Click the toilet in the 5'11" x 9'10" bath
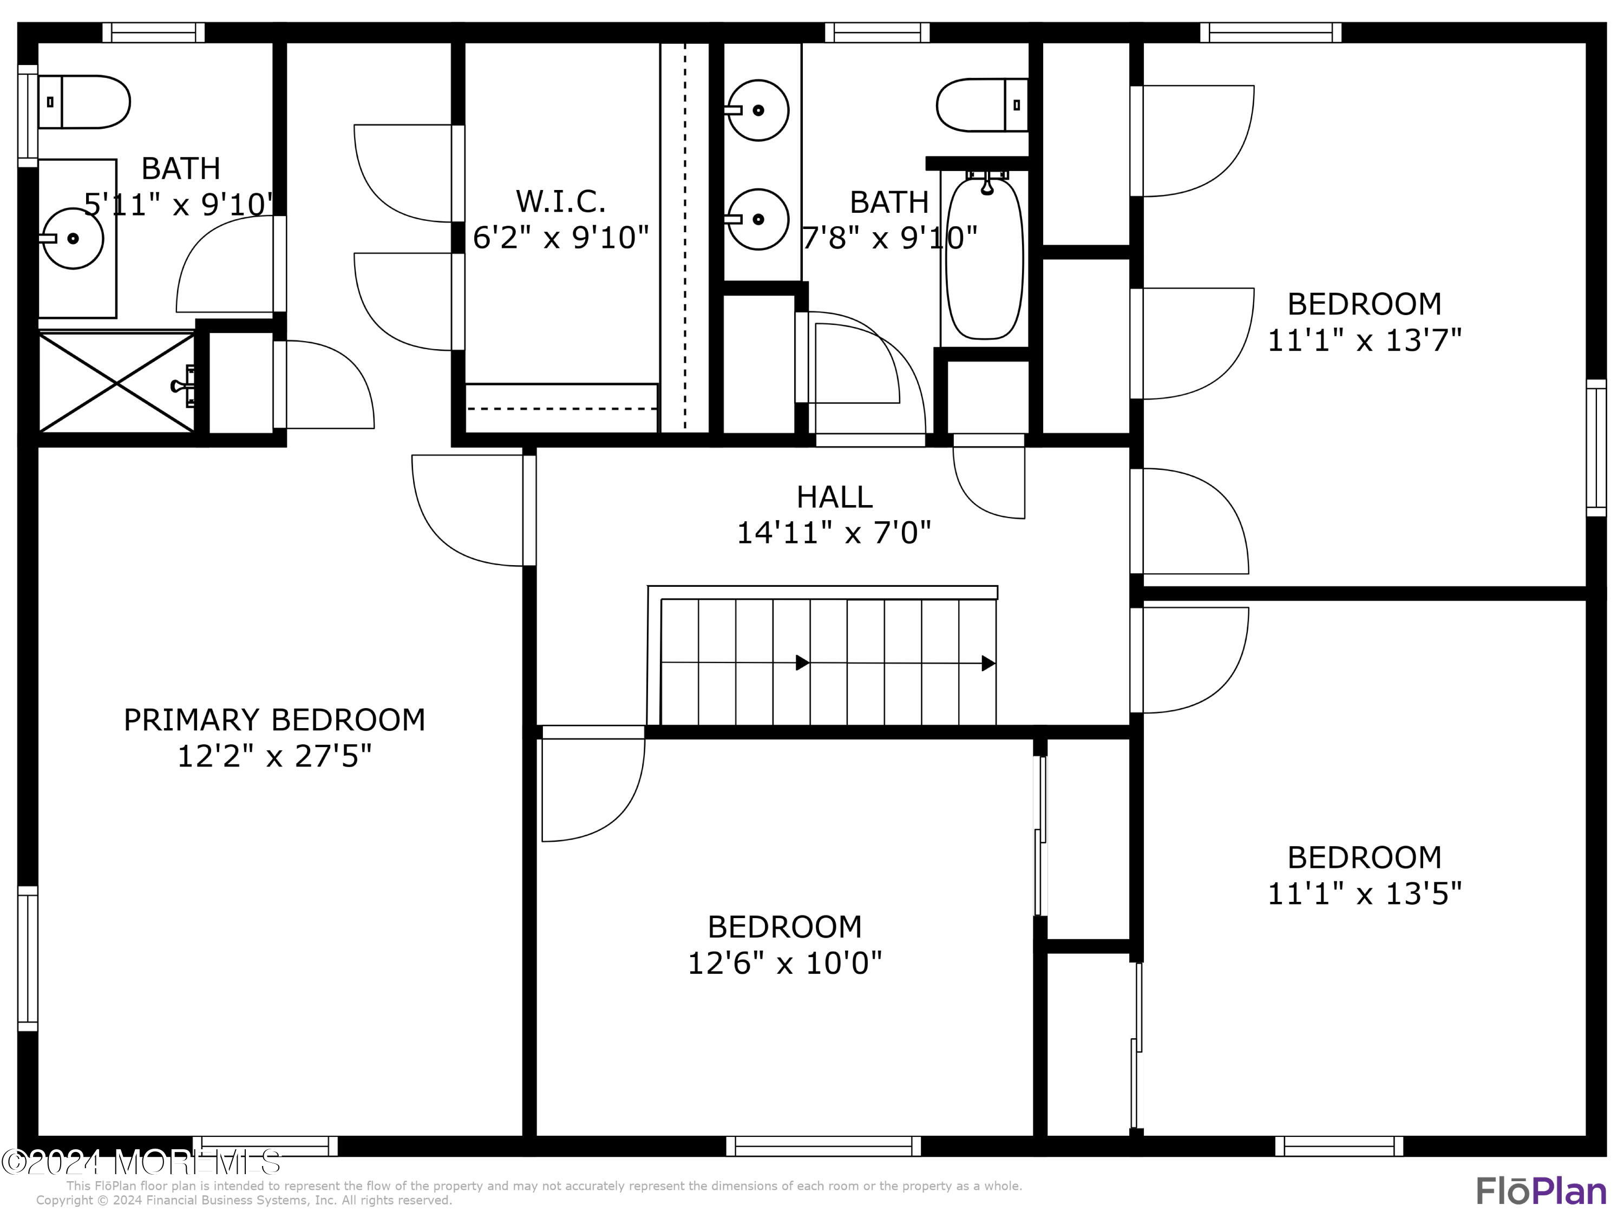(84, 102)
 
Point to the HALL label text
(834, 497)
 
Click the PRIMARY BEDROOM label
(274, 719)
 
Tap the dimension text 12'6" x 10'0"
(784, 962)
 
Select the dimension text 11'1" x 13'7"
(1364, 340)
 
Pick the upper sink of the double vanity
(758, 110)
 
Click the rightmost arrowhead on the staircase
(988, 664)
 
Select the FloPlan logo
(1540, 1191)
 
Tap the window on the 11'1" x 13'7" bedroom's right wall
(1596, 448)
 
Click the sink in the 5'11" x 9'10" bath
(72, 239)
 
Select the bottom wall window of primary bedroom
(270, 1146)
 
